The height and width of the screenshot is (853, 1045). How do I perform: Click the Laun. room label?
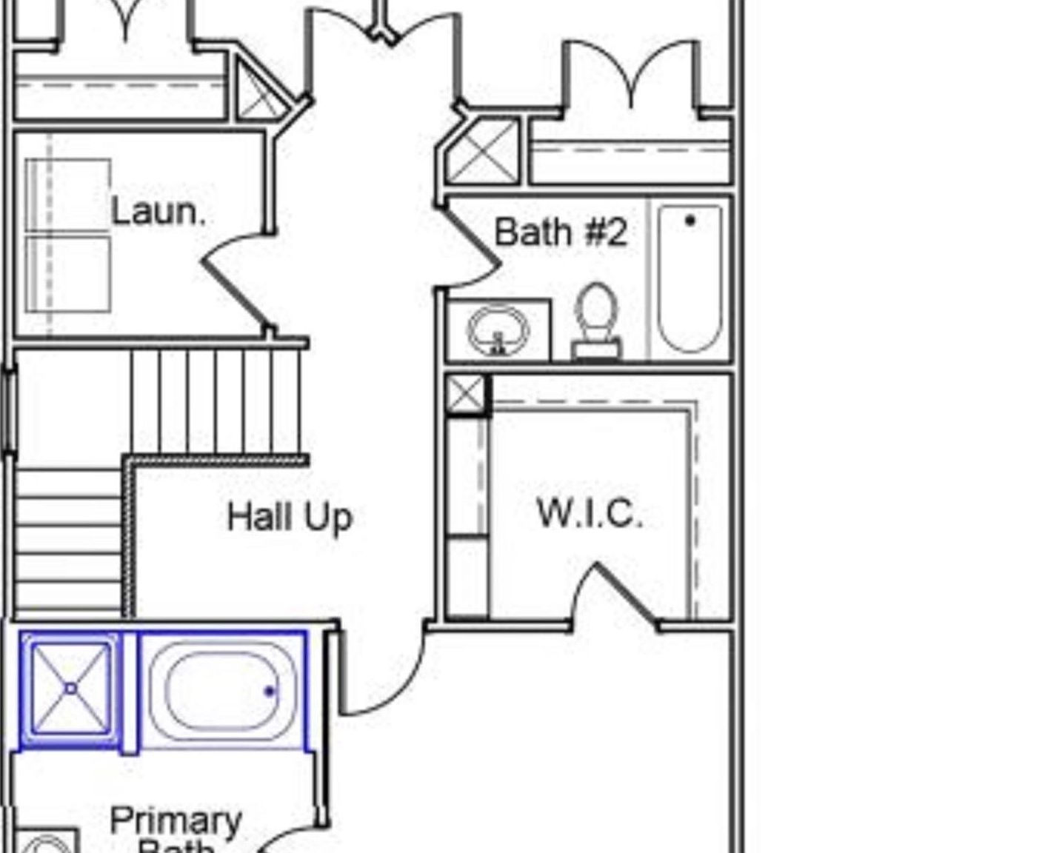click(157, 213)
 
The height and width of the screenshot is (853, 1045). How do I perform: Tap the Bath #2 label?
click(561, 232)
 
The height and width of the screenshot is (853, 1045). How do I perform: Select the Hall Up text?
click(290, 517)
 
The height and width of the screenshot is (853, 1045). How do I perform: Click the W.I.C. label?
click(590, 513)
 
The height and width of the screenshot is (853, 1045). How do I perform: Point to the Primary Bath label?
click(176, 829)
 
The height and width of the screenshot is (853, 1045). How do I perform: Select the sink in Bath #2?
click(498, 330)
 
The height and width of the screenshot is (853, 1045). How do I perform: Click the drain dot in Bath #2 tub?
click(690, 220)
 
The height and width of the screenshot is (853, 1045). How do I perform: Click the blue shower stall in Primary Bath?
click(70, 689)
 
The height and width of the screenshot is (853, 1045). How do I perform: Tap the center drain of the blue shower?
click(70, 689)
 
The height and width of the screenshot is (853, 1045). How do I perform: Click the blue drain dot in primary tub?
click(270, 692)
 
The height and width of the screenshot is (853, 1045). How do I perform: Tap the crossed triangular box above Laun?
click(259, 93)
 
